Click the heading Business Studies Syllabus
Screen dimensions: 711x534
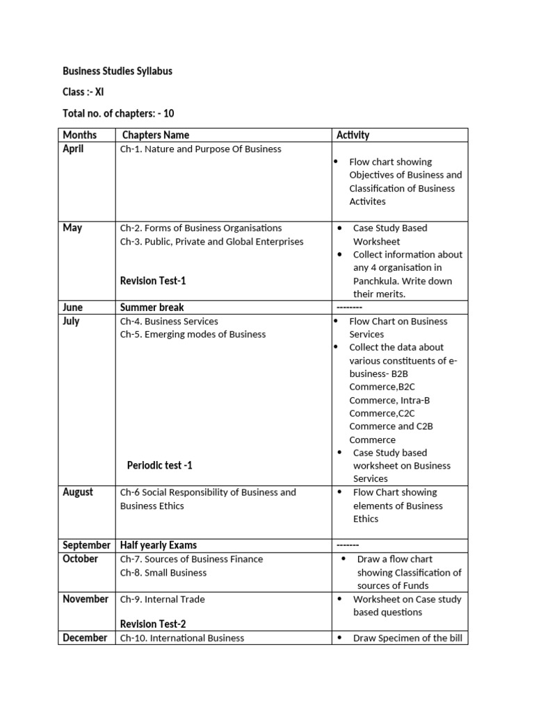pyautogui.click(x=118, y=71)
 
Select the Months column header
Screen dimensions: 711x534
pyautogui.click(x=79, y=135)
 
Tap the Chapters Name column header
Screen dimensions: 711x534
pyautogui.click(x=155, y=135)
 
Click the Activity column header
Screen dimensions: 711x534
pyautogui.click(x=353, y=135)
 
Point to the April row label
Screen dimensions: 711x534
pyautogui.click(x=73, y=149)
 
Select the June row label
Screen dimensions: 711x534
pyautogui.click(x=72, y=307)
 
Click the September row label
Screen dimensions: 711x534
pyautogui.click(x=86, y=545)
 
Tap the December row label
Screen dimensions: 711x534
pyautogui.click(x=85, y=637)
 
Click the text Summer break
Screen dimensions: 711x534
pyautogui.click(x=152, y=307)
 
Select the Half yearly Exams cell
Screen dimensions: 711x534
pyautogui.click(x=158, y=545)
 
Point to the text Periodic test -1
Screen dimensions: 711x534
pyautogui.click(x=159, y=465)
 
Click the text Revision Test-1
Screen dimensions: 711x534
pyautogui.click(x=153, y=281)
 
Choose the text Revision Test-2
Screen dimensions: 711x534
pyautogui.click(x=153, y=624)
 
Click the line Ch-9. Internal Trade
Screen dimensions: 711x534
pyautogui.click(x=162, y=599)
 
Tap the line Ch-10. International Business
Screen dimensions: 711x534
pyautogui.click(x=182, y=638)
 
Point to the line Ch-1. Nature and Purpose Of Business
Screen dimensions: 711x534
pyautogui.click(x=200, y=149)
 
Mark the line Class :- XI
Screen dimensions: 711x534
pyautogui.click(x=83, y=92)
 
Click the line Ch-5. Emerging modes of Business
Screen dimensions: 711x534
pyautogui.click(x=193, y=334)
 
